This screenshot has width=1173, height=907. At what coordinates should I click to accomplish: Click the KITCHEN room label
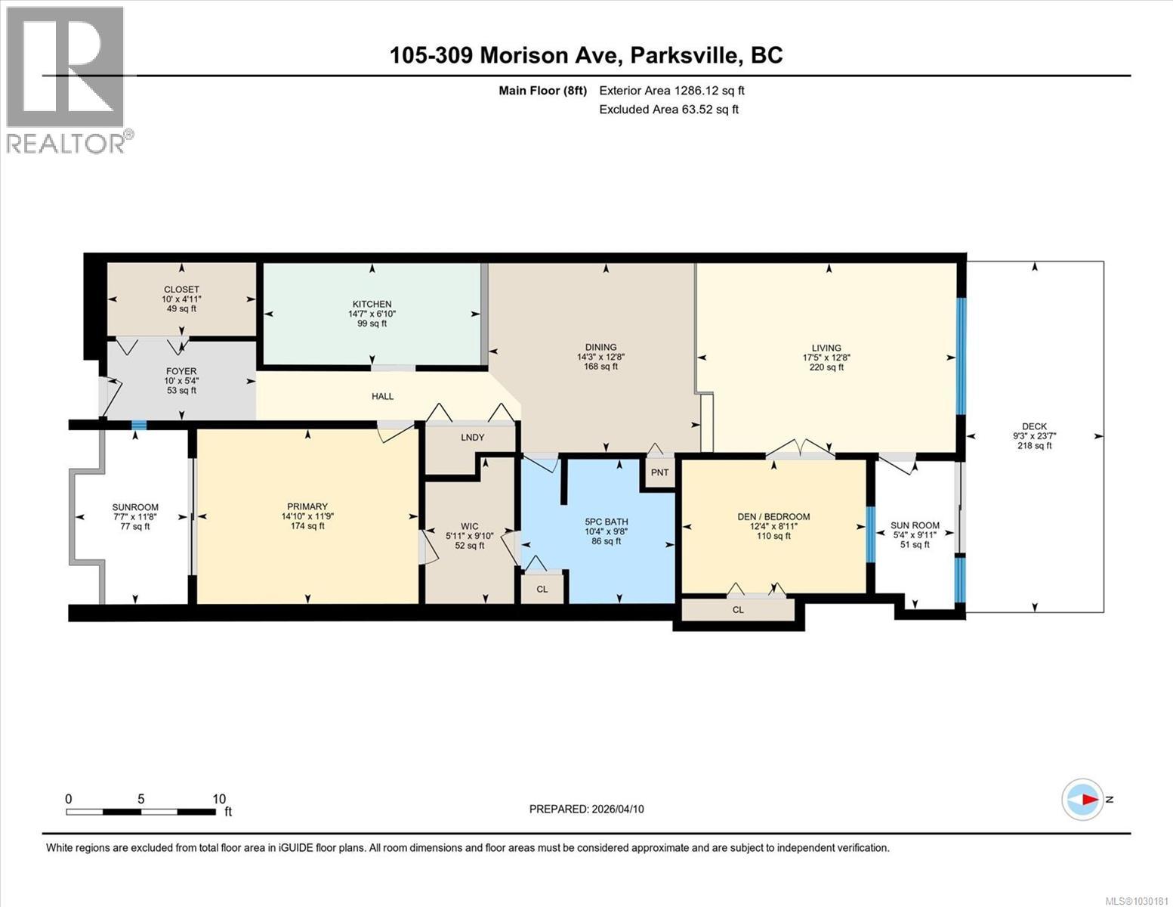(370, 304)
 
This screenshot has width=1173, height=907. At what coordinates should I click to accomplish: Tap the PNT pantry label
(659, 472)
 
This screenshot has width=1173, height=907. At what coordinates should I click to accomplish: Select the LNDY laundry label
(472, 437)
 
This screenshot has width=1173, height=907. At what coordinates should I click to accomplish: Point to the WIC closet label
(469, 526)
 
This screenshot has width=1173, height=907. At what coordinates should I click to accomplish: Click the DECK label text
(1034, 426)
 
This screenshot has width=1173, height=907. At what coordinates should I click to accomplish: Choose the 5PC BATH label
(606, 522)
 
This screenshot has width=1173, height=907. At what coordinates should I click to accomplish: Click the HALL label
(382, 396)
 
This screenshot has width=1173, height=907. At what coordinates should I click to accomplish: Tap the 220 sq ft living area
(826, 367)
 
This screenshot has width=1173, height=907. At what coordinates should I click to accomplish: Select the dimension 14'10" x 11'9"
(307, 516)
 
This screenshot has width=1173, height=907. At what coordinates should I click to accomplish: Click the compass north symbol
(1082, 799)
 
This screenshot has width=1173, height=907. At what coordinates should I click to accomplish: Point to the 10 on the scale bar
(219, 799)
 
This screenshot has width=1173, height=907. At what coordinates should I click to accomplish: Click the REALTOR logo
(66, 79)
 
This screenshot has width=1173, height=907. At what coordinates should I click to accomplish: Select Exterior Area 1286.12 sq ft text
(671, 90)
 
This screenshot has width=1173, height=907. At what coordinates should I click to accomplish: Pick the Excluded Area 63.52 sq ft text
(668, 109)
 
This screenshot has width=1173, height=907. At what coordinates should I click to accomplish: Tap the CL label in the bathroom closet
(542, 589)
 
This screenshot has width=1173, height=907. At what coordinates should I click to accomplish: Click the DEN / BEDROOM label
(773, 517)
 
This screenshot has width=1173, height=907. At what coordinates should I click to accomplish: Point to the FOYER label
(181, 371)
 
